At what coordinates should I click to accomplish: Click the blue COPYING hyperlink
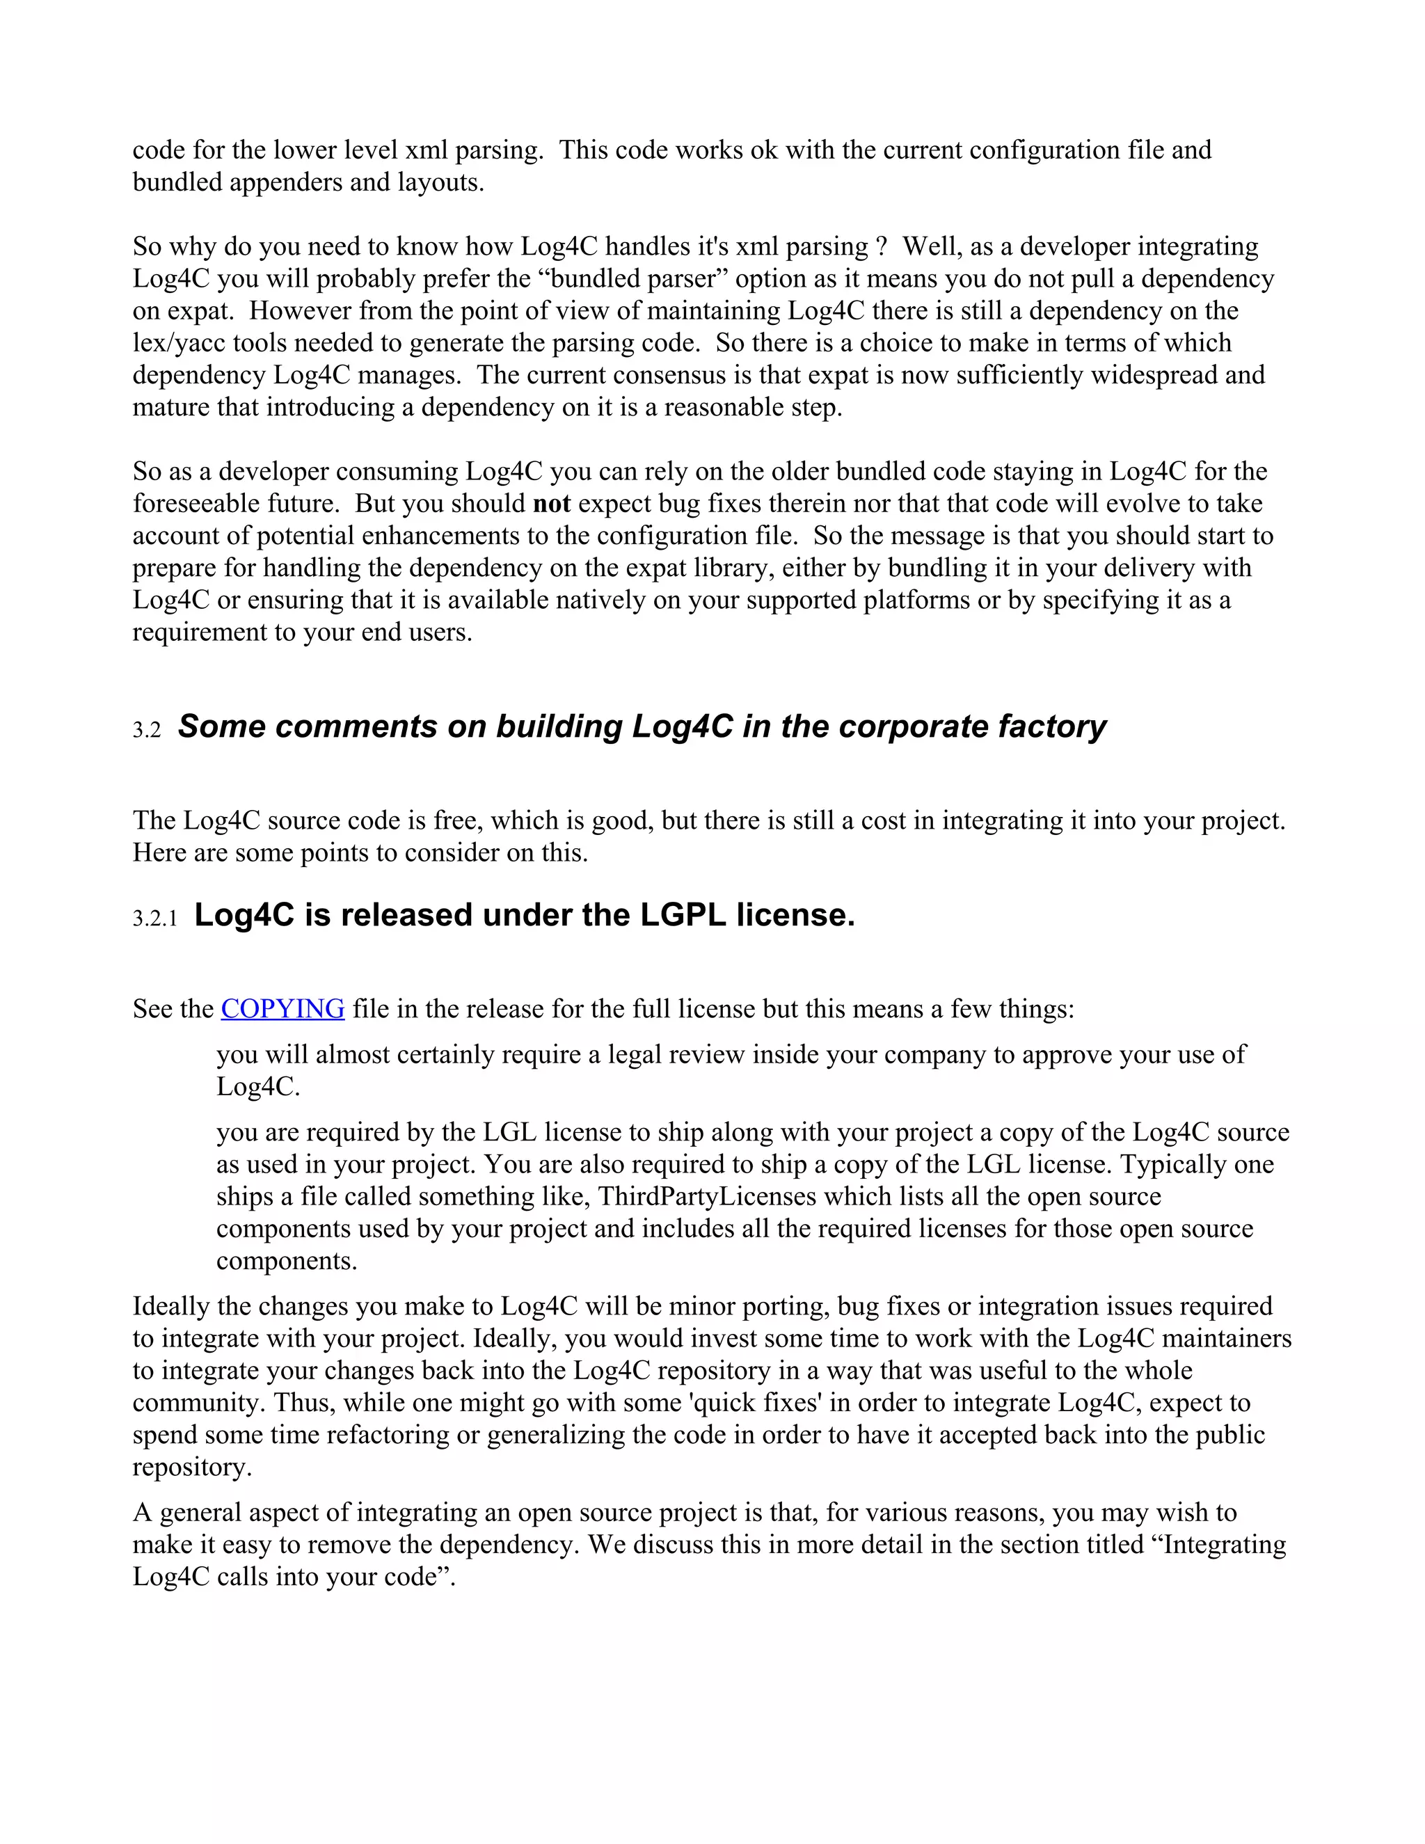pyautogui.click(x=282, y=1009)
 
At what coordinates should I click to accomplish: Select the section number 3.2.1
pyautogui.click(x=155, y=919)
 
